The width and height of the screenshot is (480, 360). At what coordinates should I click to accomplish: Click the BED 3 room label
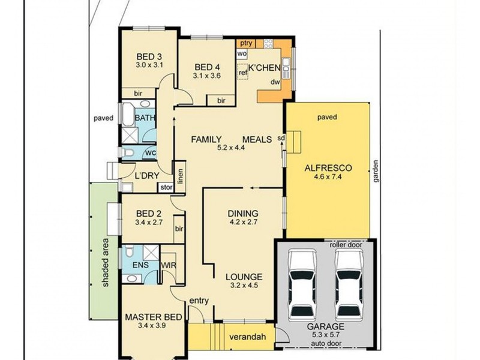pyautogui.click(x=149, y=56)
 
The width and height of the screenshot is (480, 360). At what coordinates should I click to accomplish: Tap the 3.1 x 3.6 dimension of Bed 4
pyautogui.click(x=207, y=76)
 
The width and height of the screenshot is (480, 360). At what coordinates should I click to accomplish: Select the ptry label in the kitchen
pyautogui.click(x=246, y=43)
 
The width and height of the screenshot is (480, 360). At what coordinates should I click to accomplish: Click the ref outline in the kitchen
pyautogui.click(x=243, y=71)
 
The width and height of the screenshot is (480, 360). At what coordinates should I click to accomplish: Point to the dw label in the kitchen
pyautogui.click(x=275, y=82)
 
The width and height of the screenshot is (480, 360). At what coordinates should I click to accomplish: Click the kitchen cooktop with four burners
pyautogui.click(x=268, y=43)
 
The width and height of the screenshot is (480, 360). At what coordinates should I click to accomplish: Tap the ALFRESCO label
pyautogui.click(x=328, y=168)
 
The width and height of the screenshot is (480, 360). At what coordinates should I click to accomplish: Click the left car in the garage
pyautogui.click(x=302, y=285)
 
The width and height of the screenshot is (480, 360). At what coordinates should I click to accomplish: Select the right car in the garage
pyautogui.click(x=349, y=285)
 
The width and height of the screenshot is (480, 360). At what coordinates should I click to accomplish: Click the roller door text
pyautogui.click(x=346, y=245)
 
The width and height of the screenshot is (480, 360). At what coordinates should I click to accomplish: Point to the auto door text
pyautogui.click(x=326, y=343)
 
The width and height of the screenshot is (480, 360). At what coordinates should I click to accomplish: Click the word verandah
pyautogui.click(x=247, y=337)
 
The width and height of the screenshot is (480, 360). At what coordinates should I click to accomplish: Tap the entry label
pyautogui.click(x=199, y=301)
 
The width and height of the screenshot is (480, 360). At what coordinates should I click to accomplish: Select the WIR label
pyautogui.click(x=169, y=265)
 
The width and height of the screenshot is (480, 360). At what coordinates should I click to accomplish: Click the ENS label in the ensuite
pyautogui.click(x=140, y=265)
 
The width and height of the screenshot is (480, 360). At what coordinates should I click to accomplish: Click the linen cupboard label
pyautogui.click(x=181, y=176)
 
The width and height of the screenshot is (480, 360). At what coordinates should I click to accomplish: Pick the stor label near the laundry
pyautogui.click(x=166, y=187)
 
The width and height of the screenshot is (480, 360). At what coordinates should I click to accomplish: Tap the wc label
pyautogui.click(x=151, y=152)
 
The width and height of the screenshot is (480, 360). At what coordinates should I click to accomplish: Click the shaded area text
pyautogui.click(x=106, y=262)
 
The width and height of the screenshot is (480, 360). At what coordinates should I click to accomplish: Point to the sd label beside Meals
pyautogui.click(x=281, y=138)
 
